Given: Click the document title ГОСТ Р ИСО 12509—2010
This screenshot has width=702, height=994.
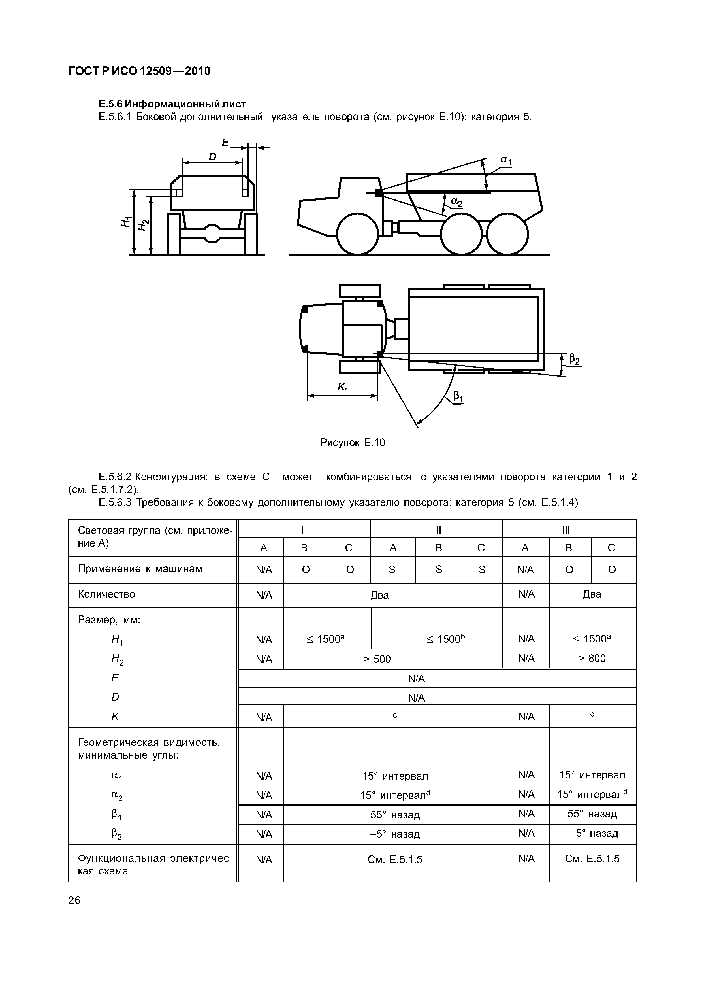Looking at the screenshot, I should (x=139, y=71).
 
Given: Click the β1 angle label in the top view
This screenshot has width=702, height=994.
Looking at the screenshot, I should (x=458, y=396).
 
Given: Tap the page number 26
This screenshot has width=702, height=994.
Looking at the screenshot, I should (x=74, y=900).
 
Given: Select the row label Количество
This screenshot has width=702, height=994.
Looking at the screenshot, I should (x=106, y=594).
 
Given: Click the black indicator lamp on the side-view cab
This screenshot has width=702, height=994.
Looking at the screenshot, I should (x=379, y=193).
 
